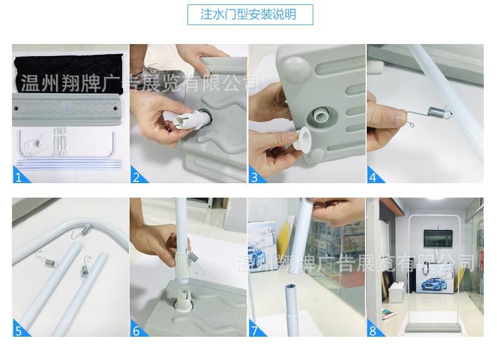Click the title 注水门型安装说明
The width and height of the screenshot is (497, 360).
[248, 14]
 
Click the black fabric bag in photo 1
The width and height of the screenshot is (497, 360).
[69, 74]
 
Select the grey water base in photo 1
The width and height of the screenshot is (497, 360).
[67, 109]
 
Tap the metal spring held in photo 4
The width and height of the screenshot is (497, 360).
[435, 111]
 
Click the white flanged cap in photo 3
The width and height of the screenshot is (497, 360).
[301, 138]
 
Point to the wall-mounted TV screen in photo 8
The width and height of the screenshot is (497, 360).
[438, 238]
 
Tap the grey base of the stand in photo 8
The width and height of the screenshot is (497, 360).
[433, 327]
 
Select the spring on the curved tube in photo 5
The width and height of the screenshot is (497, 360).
[86, 230]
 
